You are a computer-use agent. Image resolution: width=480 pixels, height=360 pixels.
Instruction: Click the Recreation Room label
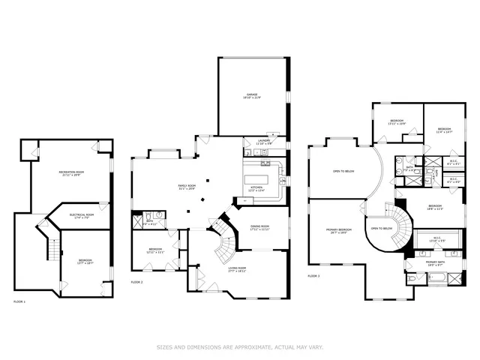coord(70,173)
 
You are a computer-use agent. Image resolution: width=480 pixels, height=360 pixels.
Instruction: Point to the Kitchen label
coord(256,188)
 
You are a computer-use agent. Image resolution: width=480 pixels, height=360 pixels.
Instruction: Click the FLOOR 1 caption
coord(19,301)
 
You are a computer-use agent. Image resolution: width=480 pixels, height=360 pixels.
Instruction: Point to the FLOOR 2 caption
coord(136,282)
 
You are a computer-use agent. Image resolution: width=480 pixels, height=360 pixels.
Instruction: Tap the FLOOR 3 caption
coord(313,276)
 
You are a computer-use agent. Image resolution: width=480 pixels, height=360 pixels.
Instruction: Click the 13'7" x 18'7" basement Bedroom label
coord(85,261)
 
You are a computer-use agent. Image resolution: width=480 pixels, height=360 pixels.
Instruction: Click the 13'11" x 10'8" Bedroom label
coord(396,121)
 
